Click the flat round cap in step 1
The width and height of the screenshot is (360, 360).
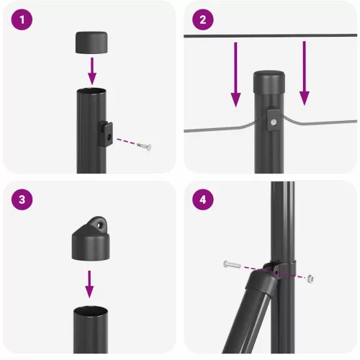coord(91,41)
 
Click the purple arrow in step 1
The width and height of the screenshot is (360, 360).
coord(91,71)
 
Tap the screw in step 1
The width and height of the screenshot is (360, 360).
coord(144,146)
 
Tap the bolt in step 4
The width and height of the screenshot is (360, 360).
coord(232,265)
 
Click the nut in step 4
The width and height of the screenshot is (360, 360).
coord(310,277)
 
